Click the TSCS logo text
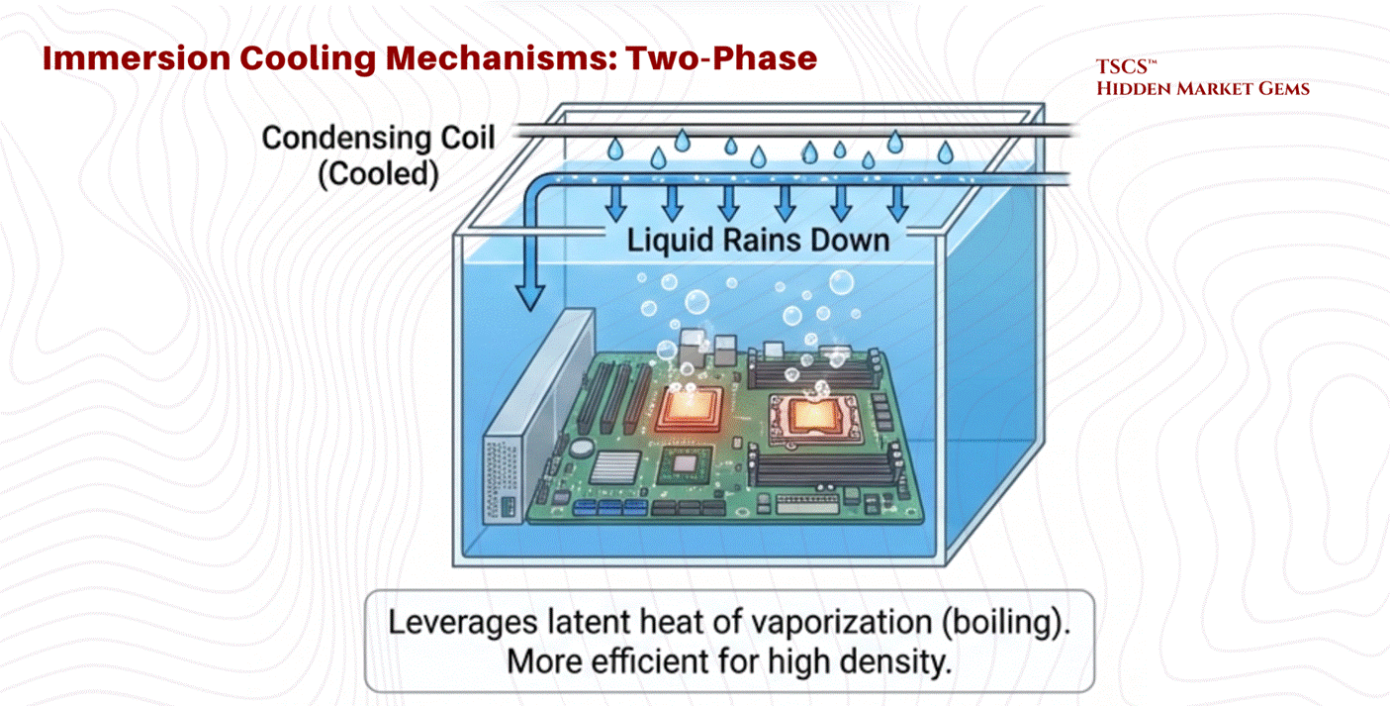click(1122, 68)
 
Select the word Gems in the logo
click(1281, 89)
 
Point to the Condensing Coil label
click(377, 138)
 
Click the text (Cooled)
click(378, 174)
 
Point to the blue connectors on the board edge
click(600, 508)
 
